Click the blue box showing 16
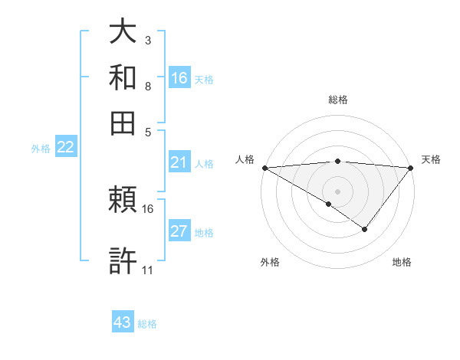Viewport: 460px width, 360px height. point(179,77)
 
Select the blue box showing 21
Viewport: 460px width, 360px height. point(179,162)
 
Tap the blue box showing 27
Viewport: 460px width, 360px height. point(179,232)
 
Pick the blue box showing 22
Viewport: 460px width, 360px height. point(65,148)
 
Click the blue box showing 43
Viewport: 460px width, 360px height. point(123,322)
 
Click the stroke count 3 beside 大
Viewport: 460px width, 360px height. point(147,40)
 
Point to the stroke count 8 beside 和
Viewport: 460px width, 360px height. point(147,86)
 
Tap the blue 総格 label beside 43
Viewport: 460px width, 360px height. point(147,324)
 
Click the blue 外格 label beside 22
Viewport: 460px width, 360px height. point(41,149)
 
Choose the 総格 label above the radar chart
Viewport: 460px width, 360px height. point(337,100)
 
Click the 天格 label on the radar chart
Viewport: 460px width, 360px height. point(431,159)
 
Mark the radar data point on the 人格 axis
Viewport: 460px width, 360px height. point(264,168)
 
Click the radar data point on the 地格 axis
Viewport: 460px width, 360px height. point(365,229)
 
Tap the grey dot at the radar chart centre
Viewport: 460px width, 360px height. point(337,191)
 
